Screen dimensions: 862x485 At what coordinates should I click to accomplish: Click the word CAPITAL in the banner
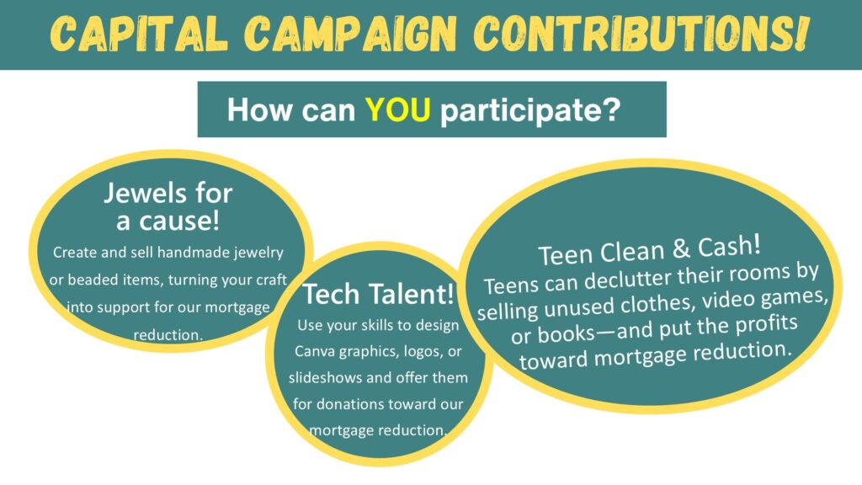pos(138,34)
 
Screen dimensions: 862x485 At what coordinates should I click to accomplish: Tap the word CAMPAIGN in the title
pos(350,34)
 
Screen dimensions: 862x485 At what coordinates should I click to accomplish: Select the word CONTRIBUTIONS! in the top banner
pos(641,34)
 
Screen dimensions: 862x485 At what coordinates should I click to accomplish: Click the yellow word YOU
pos(397,109)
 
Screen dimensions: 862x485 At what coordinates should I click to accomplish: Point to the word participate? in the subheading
pos(530,110)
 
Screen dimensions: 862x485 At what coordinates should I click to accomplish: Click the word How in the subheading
pos(259,109)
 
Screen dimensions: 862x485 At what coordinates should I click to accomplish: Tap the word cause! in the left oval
pos(178,221)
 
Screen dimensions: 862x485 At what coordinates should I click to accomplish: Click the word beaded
pos(93,280)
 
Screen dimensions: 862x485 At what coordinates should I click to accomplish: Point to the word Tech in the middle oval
pos(330,294)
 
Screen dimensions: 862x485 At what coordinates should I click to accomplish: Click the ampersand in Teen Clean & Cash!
pos(681,249)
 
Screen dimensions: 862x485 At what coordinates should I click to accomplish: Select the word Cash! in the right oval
pos(730,246)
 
